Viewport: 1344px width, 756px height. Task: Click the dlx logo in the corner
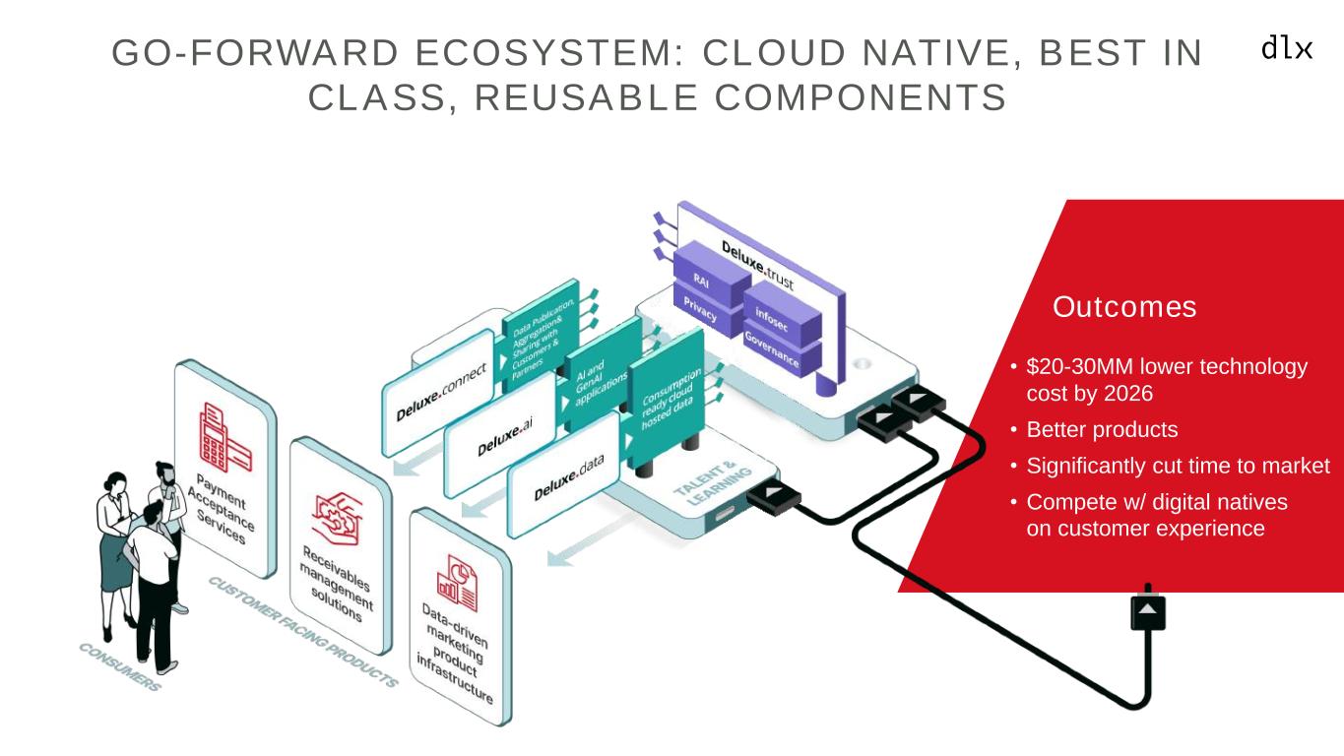1287,48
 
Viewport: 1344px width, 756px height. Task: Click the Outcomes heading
1124,307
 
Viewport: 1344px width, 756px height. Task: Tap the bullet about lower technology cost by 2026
1167,380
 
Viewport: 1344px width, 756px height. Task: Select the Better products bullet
1102,430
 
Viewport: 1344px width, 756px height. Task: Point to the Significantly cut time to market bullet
1178,466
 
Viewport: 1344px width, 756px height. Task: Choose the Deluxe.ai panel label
505,439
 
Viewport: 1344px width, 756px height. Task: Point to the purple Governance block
773,346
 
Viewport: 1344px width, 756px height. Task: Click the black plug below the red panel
1147,611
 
